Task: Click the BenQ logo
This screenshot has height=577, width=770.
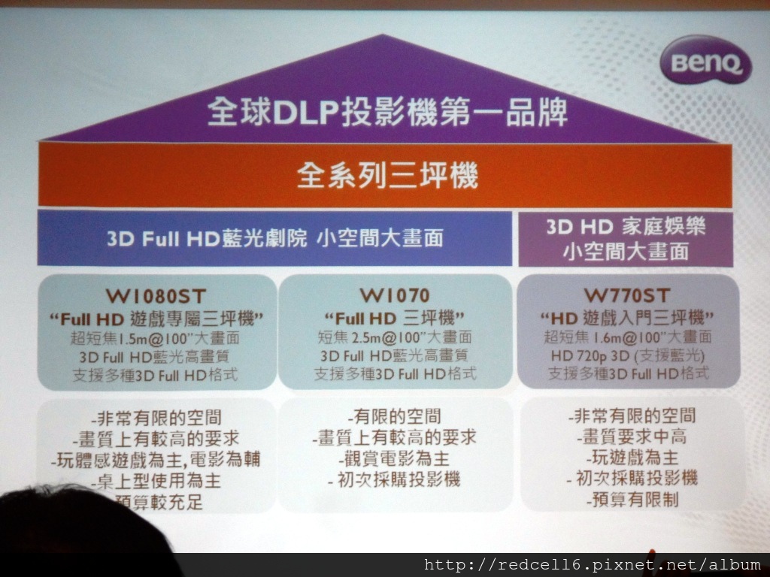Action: (705, 60)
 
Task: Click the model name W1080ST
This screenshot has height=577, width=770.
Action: (156, 296)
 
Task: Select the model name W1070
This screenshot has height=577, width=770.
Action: (395, 295)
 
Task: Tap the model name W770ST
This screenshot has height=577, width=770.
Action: (627, 295)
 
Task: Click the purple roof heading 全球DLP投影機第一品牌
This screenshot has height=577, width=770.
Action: (387, 111)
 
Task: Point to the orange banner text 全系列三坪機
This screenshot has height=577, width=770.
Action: (387, 175)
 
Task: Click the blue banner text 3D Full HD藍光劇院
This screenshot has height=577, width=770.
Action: (207, 239)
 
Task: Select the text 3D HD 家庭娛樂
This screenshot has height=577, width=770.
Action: (626, 227)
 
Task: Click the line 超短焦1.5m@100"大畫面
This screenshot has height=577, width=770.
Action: (155, 338)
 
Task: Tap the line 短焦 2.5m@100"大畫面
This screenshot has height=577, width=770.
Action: (395, 337)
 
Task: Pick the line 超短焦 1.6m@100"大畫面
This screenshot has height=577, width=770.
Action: (628, 337)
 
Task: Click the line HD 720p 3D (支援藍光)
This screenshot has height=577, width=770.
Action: (628, 355)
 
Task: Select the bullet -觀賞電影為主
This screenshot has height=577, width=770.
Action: (394, 458)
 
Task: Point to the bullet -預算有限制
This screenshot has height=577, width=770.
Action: (632, 500)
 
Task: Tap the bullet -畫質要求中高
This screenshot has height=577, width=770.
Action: (632, 437)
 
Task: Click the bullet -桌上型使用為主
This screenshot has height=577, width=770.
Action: (156, 482)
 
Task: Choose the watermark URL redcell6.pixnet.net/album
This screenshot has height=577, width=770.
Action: (593, 565)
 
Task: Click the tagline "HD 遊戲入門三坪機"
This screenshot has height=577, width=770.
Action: (627, 319)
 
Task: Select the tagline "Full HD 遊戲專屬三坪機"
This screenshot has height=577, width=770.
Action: (156, 319)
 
